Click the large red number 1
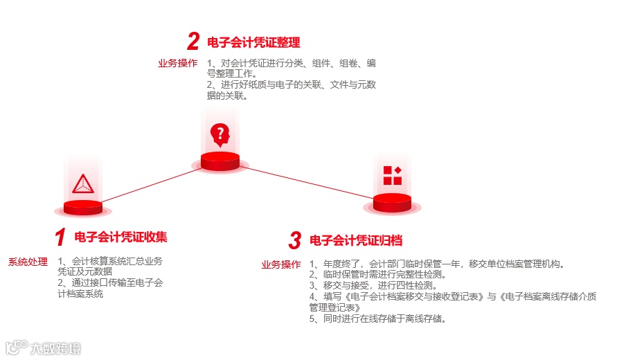pos(60,237)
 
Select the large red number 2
pos(193,42)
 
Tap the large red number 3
pos(295,241)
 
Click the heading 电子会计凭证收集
pos(120,237)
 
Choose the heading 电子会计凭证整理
pos(253,42)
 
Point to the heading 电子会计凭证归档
pos(356,240)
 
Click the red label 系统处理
pos(28,262)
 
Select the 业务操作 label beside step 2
pos(177,64)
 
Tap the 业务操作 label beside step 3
pos(281,264)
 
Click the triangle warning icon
pos(82,183)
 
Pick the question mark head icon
pos(220,134)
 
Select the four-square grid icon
pos(392,175)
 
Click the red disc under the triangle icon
pos(82,207)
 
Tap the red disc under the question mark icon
pos(220,161)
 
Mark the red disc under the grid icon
pos(392,203)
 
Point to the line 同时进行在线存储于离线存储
pos(377,318)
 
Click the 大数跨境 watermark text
pos(55,348)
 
